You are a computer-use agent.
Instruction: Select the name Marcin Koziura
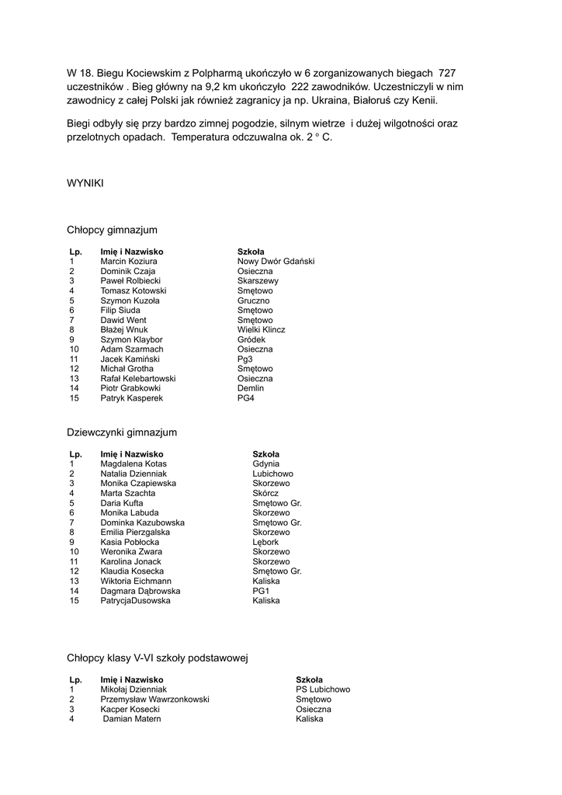[x=128, y=262]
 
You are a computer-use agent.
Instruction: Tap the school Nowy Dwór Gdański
[x=276, y=262]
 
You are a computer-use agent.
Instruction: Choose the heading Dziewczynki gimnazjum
[x=122, y=432]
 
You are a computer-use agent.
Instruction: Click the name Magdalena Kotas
[x=134, y=463]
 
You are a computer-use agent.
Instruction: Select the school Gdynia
[x=265, y=463]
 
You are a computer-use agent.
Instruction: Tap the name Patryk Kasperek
[x=131, y=398]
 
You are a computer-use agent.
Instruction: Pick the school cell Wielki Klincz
[x=261, y=330]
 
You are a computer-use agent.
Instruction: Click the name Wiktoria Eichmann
[x=136, y=581]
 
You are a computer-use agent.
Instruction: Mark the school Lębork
[x=265, y=542]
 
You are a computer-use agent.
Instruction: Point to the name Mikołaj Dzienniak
[x=134, y=689]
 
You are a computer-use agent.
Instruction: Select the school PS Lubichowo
[x=323, y=689]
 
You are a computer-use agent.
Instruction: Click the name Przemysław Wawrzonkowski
[x=154, y=699]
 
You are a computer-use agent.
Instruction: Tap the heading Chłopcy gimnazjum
[x=112, y=230]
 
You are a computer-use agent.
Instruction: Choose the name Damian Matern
[x=132, y=719]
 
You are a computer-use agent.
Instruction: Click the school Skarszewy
[x=258, y=281]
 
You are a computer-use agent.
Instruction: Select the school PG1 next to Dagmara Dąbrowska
[x=260, y=591]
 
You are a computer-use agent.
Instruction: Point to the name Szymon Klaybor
[x=131, y=339]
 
